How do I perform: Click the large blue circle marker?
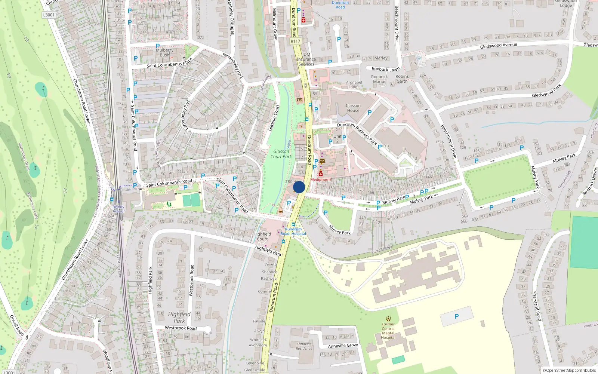click(x=299, y=187)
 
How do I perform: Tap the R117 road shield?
click(x=295, y=41)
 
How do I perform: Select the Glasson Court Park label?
click(x=281, y=154)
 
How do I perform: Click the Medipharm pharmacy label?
click(x=321, y=180)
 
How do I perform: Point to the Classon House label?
click(x=353, y=108)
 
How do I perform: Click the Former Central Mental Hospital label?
click(x=388, y=331)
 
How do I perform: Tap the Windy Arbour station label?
click(x=119, y=209)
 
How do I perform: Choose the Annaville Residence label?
click(x=304, y=346)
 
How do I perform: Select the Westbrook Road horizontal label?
click(x=181, y=328)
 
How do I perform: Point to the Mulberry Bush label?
click(x=164, y=52)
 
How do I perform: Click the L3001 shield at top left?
click(x=49, y=15)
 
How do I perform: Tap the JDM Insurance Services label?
click(x=306, y=59)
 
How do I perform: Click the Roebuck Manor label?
click(x=379, y=79)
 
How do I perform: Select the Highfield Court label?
click(x=262, y=236)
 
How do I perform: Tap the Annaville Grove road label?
click(x=343, y=346)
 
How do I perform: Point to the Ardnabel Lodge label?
click(x=354, y=85)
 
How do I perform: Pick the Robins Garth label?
click(x=402, y=79)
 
